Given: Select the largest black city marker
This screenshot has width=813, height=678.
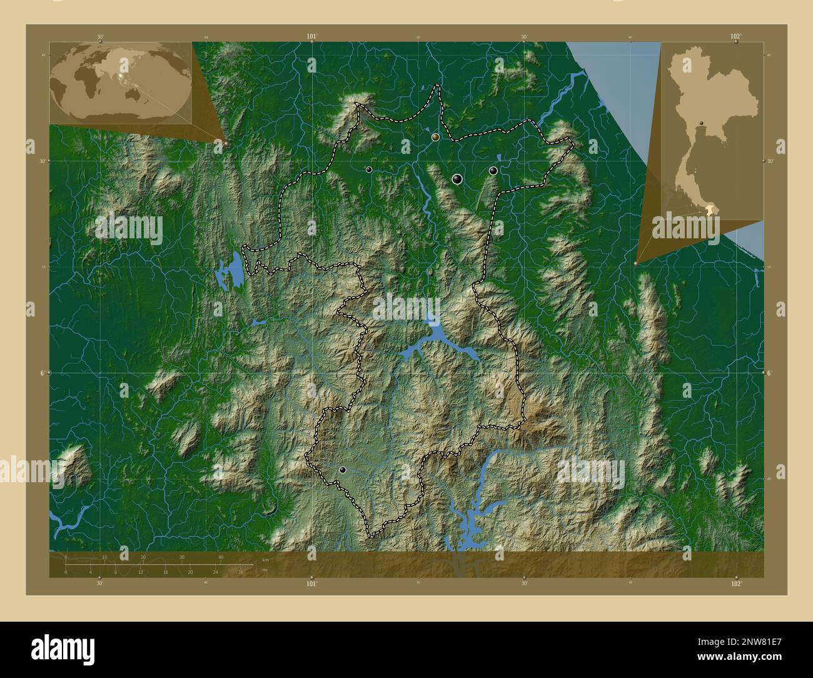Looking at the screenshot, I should point(457,179).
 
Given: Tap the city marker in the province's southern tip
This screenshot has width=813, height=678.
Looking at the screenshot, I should point(342,469).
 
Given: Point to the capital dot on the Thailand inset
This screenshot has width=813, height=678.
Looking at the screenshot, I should point(702,123).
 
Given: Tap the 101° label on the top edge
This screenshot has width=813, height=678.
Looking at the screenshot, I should point(311,37).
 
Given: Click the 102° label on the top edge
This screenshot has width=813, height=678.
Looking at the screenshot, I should point(735,37).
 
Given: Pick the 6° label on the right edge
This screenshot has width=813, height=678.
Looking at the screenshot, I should point(769,372).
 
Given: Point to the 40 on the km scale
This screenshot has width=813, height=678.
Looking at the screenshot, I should point(221,557).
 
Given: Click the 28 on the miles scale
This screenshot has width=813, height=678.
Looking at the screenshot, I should point(240,572).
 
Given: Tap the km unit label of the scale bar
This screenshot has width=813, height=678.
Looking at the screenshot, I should point(265,559).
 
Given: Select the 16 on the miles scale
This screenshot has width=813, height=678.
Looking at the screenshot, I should point(165,572).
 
